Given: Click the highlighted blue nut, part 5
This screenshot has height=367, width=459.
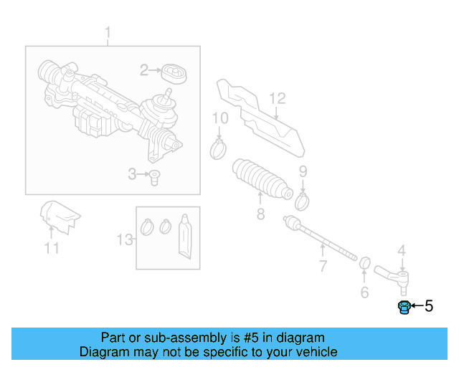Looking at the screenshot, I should click(404, 308).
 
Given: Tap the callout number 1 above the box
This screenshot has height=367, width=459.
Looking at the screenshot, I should click(108, 33).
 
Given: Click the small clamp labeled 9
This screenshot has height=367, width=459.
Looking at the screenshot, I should click(302, 199).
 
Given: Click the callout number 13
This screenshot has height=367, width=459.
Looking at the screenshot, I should click(125, 239).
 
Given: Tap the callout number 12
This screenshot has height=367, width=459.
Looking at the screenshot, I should click(277, 98).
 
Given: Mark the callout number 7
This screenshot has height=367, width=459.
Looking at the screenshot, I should click(323, 267).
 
